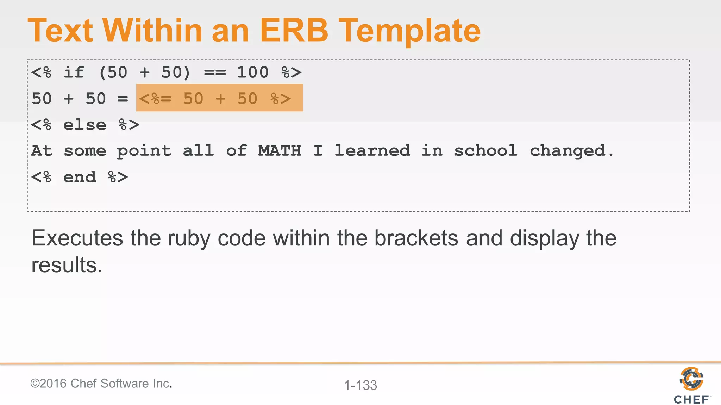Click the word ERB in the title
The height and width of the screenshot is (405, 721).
click(x=294, y=31)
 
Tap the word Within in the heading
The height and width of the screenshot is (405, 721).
click(x=152, y=31)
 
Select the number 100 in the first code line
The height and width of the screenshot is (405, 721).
click(x=253, y=72)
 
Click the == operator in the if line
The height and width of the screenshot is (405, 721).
click(x=215, y=73)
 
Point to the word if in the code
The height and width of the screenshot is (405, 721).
click(x=74, y=72)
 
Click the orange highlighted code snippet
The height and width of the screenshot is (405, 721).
click(x=219, y=98)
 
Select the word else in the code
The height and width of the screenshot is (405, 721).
click(x=84, y=125)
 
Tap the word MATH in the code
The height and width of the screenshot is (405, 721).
click(x=280, y=151)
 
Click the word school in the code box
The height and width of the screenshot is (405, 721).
click(x=485, y=151)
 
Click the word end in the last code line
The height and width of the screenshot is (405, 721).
click(x=80, y=177)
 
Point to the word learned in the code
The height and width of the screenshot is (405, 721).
click(x=372, y=151)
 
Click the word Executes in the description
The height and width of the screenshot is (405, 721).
click(x=77, y=238)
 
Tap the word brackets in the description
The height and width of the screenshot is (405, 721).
click(x=416, y=238)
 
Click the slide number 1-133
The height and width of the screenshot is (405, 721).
click(x=360, y=385)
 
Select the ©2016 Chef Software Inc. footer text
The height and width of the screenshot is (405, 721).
click(x=101, y=384)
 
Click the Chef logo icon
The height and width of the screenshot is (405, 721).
click(x=691, y=379)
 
